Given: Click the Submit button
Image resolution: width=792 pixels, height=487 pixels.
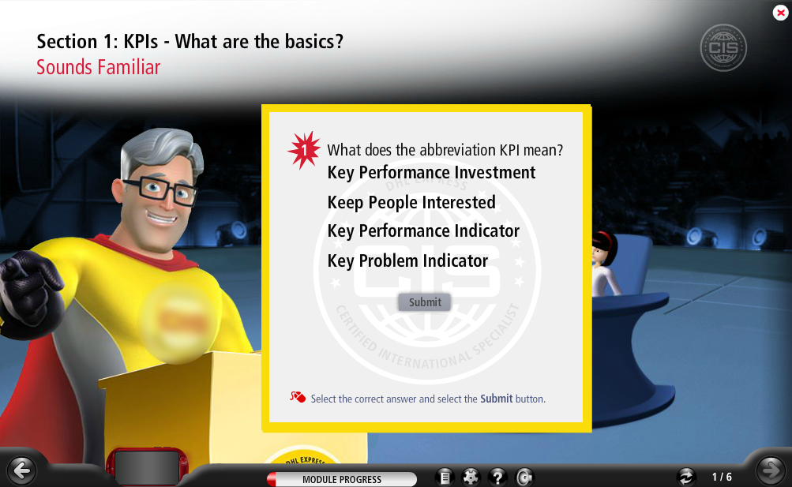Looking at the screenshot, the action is [x=425, y=302].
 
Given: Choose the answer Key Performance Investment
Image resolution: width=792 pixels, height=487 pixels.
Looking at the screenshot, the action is [x=431, y=173].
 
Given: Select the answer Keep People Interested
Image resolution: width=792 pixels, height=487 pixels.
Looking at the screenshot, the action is [x=411, y=202].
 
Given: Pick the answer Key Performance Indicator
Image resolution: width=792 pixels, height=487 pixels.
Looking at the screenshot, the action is [x=423, y=231].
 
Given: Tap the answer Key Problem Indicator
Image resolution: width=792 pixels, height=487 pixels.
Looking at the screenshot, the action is [x=407, y=261].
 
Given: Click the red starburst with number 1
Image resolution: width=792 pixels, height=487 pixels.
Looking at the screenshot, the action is [x=304, y=150].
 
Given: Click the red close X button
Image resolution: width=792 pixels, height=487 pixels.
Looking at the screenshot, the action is [x=780, y=13].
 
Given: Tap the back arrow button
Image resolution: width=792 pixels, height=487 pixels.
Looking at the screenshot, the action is [x=22, y=470].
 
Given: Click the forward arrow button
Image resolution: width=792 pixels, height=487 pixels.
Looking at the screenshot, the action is [x=770, y=470].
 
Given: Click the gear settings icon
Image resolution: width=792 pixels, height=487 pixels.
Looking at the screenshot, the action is [x=471, y=477].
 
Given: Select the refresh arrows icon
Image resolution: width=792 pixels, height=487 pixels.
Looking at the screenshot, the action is [x=686, y=477].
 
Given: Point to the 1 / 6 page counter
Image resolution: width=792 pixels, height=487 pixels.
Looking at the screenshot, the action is [x=722, y=477].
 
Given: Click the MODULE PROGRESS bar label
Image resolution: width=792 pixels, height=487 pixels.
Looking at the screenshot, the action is [x=342, y=479].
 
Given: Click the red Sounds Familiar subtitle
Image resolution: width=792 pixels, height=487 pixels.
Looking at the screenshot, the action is [x=99, y=67].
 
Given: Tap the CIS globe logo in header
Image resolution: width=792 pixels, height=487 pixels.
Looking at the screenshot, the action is [x=723, y=48].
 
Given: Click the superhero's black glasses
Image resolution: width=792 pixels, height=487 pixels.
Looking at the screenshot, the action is [x=160, y=190].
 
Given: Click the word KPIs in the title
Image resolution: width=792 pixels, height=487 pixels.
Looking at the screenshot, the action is [x=141, y=41].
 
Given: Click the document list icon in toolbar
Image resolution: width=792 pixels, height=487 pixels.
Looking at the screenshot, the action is [x=445, y=477].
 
